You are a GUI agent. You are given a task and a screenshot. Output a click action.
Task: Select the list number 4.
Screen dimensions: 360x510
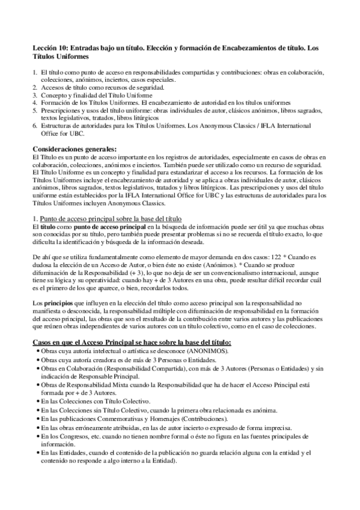pos(34,103)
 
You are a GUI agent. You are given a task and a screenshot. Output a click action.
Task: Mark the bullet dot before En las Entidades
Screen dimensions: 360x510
pos(36,452)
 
